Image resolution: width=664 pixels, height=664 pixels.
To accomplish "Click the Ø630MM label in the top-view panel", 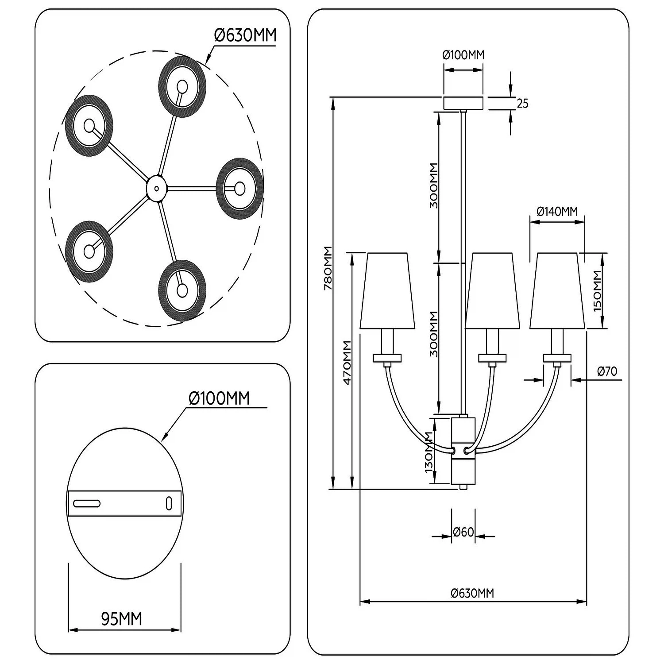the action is click(245, 35).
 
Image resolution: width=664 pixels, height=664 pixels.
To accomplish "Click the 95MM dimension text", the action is click(122, 619).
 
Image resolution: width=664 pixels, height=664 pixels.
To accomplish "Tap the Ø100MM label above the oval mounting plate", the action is click(219, 398).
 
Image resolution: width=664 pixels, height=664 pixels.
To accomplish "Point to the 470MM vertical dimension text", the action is click(347, 363).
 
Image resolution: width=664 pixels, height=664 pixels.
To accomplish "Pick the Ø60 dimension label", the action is click(463, 532).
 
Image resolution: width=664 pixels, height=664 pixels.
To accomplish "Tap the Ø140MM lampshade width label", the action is click(557, 212).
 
